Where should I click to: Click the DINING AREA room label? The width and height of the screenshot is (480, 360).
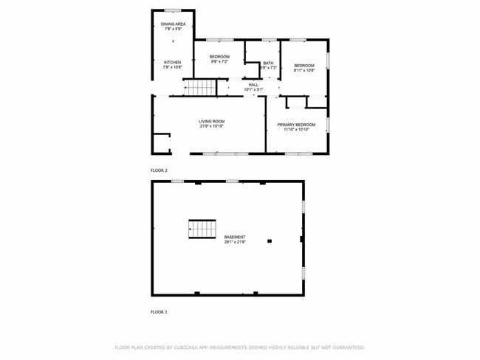click(173, 24)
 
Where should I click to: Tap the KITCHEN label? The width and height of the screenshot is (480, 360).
click(172, 63)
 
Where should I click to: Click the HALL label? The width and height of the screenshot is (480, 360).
click(253, 85)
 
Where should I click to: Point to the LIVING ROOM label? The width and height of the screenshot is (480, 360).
click(211, 121)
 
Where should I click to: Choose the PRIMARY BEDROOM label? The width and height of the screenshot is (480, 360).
click(296, 125)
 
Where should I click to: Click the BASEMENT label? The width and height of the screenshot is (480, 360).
click(235, 237)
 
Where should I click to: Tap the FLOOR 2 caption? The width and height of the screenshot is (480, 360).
click(159, 170)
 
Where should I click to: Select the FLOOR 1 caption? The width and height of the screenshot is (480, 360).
click(159, 312)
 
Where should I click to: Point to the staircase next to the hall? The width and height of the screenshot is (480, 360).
click(199, 89)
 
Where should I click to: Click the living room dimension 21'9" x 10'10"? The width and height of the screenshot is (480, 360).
click(211, 126)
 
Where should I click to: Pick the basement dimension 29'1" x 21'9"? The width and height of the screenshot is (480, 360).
click(235, 242)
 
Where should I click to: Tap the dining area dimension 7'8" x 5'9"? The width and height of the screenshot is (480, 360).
click(173, 30)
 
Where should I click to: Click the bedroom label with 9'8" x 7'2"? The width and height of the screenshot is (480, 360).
click(219, 57)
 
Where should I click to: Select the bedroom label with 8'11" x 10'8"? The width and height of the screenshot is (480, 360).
click(304, 66)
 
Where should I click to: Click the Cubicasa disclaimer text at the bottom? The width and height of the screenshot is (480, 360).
click(239, 347)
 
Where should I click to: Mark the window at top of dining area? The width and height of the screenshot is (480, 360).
click(173, 10)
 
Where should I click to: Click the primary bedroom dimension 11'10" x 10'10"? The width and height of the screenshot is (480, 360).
click(296, 130)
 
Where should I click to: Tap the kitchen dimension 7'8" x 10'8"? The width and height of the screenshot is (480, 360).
click(172, 68)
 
